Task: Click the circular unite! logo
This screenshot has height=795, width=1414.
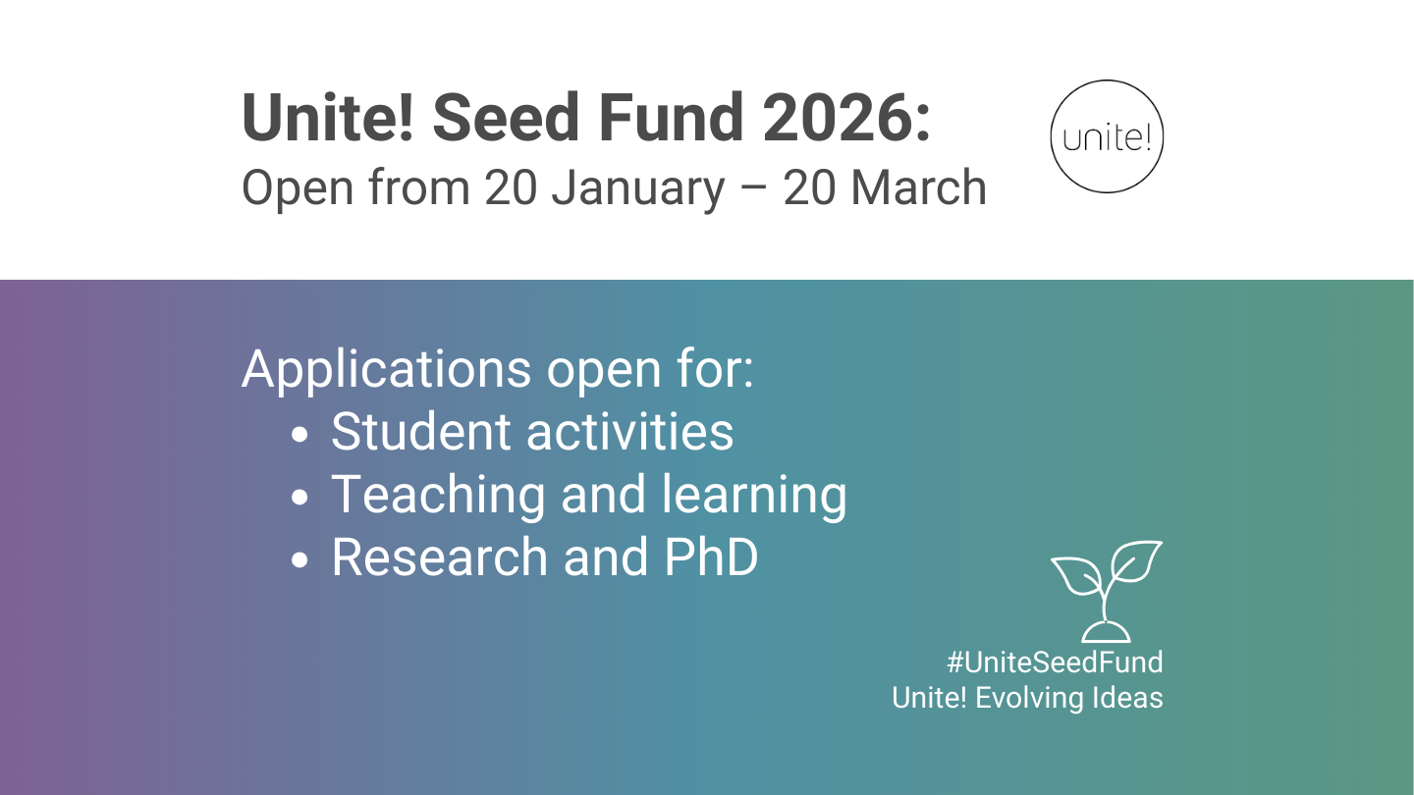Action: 1107,136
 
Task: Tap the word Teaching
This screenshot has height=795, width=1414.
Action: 438,496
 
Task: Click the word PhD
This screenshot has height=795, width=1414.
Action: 711,557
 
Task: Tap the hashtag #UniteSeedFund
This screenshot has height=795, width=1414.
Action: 1055,662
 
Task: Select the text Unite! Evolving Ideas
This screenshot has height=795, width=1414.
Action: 1027,698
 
